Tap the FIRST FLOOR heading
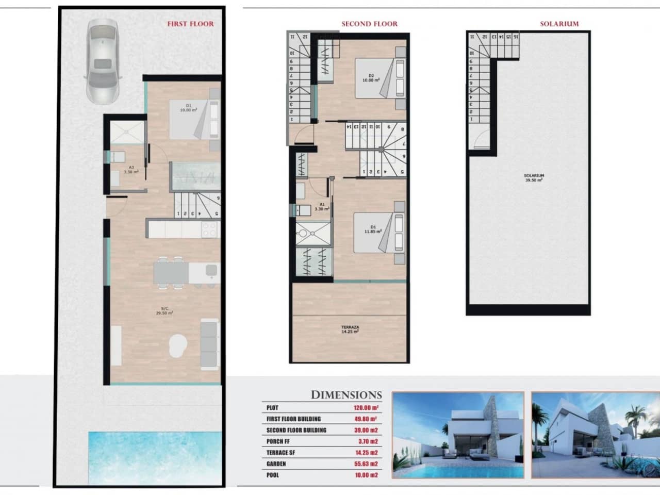point(190,24)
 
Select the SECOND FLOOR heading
point(369,24)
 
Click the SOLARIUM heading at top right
point(559,24)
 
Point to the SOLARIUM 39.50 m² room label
point(534,178)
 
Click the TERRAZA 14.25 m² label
point(350,329)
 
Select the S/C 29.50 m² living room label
point(164,310)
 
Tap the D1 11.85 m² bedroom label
point(372,229)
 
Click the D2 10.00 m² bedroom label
point(371,78)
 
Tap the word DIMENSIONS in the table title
point(346,395)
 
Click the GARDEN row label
point(276,464)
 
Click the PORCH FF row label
point(282,441)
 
